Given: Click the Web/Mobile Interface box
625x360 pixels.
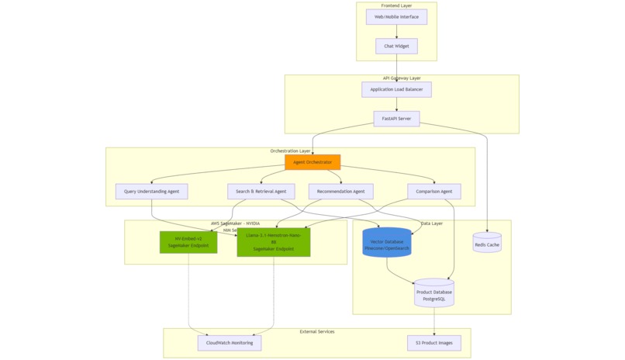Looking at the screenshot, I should [396, 16].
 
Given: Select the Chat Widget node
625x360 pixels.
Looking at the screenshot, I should [396, 47].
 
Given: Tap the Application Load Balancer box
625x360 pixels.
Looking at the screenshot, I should [396, 89].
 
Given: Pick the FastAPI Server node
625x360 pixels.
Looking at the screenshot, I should [396, 119].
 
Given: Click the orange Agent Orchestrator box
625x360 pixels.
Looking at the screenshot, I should [312, 162].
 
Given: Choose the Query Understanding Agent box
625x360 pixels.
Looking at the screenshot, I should [151, 192].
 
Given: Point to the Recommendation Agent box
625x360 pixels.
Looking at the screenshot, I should [340, 192].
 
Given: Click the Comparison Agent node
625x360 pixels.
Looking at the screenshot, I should [434, 192].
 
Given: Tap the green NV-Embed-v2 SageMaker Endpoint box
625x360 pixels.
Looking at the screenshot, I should [188, 242].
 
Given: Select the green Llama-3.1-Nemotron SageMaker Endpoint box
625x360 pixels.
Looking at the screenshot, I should [274, 242].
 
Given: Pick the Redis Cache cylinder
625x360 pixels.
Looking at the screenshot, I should [487, 243].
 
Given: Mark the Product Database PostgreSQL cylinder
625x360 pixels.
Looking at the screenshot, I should [433, 293].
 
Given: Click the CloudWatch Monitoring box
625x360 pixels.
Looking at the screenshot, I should [230, 343].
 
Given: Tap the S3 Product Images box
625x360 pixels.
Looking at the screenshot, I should [434, 343].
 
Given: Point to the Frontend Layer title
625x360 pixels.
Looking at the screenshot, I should [396, 5].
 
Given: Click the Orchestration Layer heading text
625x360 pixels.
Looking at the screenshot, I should [290, 151].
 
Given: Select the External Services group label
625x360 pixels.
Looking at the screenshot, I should [316, 331].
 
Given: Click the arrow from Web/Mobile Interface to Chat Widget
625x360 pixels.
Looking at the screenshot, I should [396, 31].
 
